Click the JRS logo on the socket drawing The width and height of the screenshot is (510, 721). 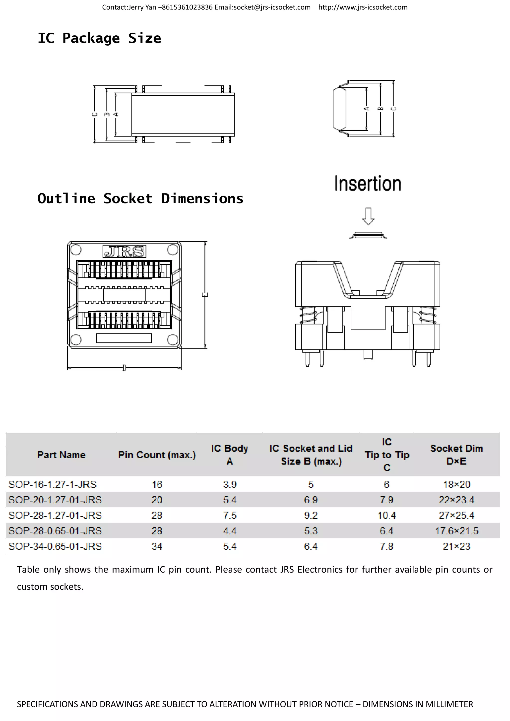(124, 252)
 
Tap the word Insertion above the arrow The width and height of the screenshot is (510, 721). (368, 184)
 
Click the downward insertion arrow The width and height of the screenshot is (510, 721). (368, 216)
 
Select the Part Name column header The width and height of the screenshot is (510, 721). (61, 455)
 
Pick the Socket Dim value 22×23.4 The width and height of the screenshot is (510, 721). (456, 500)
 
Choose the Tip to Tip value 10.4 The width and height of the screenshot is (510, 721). (386, 515)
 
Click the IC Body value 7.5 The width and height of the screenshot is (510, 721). (230, 515)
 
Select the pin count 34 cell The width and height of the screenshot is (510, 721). (157, 546)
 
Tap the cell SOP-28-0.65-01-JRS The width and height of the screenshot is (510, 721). (55, 531)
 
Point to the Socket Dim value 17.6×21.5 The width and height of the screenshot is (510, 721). (456, 531)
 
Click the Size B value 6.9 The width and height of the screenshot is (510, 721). (311, 500)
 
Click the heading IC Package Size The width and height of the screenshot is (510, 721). (99, 38)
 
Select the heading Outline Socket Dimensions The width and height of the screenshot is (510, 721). (140, 198)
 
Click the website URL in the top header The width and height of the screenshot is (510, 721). (363, 7)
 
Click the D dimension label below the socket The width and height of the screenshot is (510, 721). (124, 367)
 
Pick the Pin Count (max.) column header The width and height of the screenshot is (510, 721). (157, 455)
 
